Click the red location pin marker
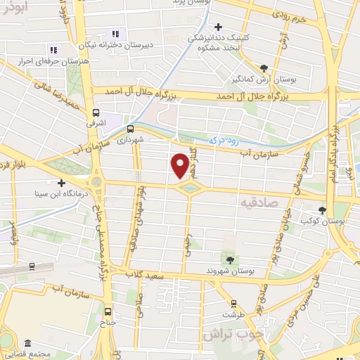181,165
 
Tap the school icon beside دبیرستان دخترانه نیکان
115,34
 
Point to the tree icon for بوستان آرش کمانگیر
264,68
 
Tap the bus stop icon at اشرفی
97,112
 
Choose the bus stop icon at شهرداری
130,128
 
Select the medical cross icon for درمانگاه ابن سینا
62,182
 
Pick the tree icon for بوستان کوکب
322,210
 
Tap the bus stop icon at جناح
108,311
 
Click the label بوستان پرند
195,3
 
